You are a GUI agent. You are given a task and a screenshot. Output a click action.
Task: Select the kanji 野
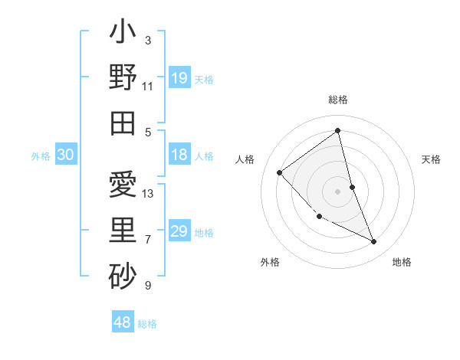pos(123,78)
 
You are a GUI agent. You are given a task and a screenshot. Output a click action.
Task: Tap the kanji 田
pos(123,123)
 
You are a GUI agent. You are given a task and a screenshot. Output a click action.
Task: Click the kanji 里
pos(123,230)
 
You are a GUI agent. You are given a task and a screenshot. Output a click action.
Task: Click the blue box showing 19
pos(179,78)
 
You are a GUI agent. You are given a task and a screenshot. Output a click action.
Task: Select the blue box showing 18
pos(179,155)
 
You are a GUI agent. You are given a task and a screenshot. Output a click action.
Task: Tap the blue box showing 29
pos(179,232)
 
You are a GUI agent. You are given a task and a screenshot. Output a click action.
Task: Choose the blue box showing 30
pos(66,155)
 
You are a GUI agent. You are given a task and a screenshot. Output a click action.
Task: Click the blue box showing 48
pos(123,322)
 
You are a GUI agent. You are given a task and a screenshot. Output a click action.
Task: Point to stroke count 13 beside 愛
pos(148,194)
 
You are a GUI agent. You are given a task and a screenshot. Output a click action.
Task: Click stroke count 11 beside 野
pos(148,86)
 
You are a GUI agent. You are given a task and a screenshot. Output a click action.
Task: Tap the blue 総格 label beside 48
pos(147,324)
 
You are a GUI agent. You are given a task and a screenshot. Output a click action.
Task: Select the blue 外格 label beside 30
pos(41,156)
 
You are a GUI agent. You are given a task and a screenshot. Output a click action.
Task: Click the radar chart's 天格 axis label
pos(431,159)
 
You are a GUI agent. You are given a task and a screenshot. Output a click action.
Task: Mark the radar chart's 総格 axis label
pos(338,100)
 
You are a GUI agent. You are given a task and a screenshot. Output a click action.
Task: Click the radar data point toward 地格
pos(374,242)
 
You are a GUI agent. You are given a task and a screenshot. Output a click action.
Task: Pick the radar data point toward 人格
pos(280,172)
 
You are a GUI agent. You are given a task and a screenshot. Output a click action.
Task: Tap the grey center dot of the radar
pos(338,191)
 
